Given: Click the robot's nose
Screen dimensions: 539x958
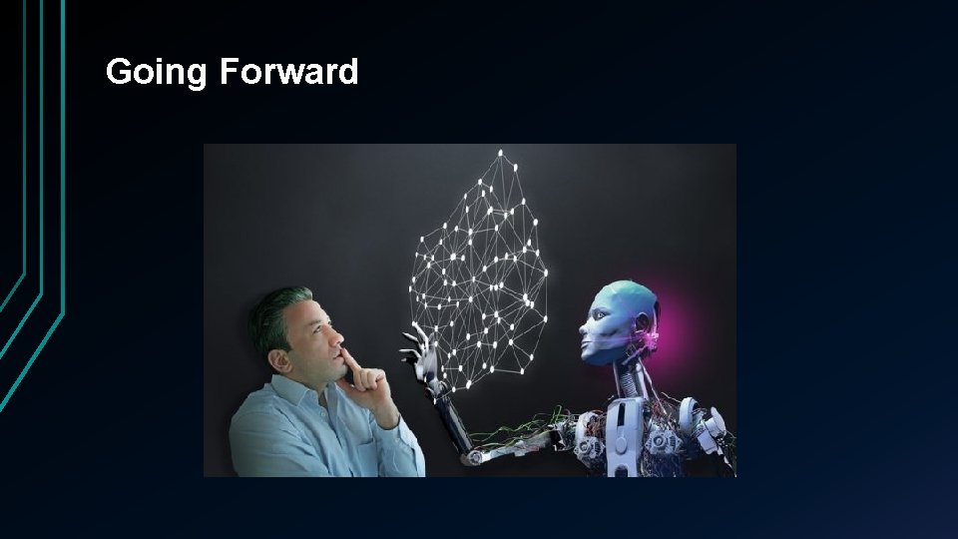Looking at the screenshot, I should pyautogui.click(x=588, y=326).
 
